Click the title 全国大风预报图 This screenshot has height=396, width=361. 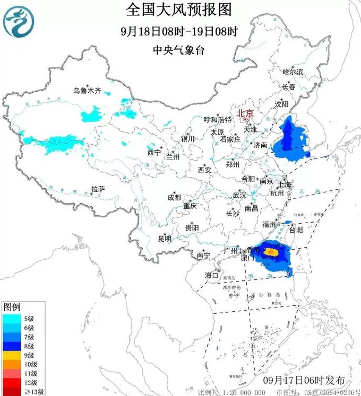(180, 9)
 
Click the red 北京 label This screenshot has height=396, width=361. (245, 113)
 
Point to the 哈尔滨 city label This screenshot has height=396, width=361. (293, 72)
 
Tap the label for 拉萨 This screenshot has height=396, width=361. (98, 189)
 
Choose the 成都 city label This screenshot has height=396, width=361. (174, 197)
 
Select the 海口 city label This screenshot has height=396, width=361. (212, 275)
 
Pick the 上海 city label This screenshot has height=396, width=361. (284, 184)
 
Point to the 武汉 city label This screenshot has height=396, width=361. (239, 195)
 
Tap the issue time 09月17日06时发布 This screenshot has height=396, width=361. (304, 381)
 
